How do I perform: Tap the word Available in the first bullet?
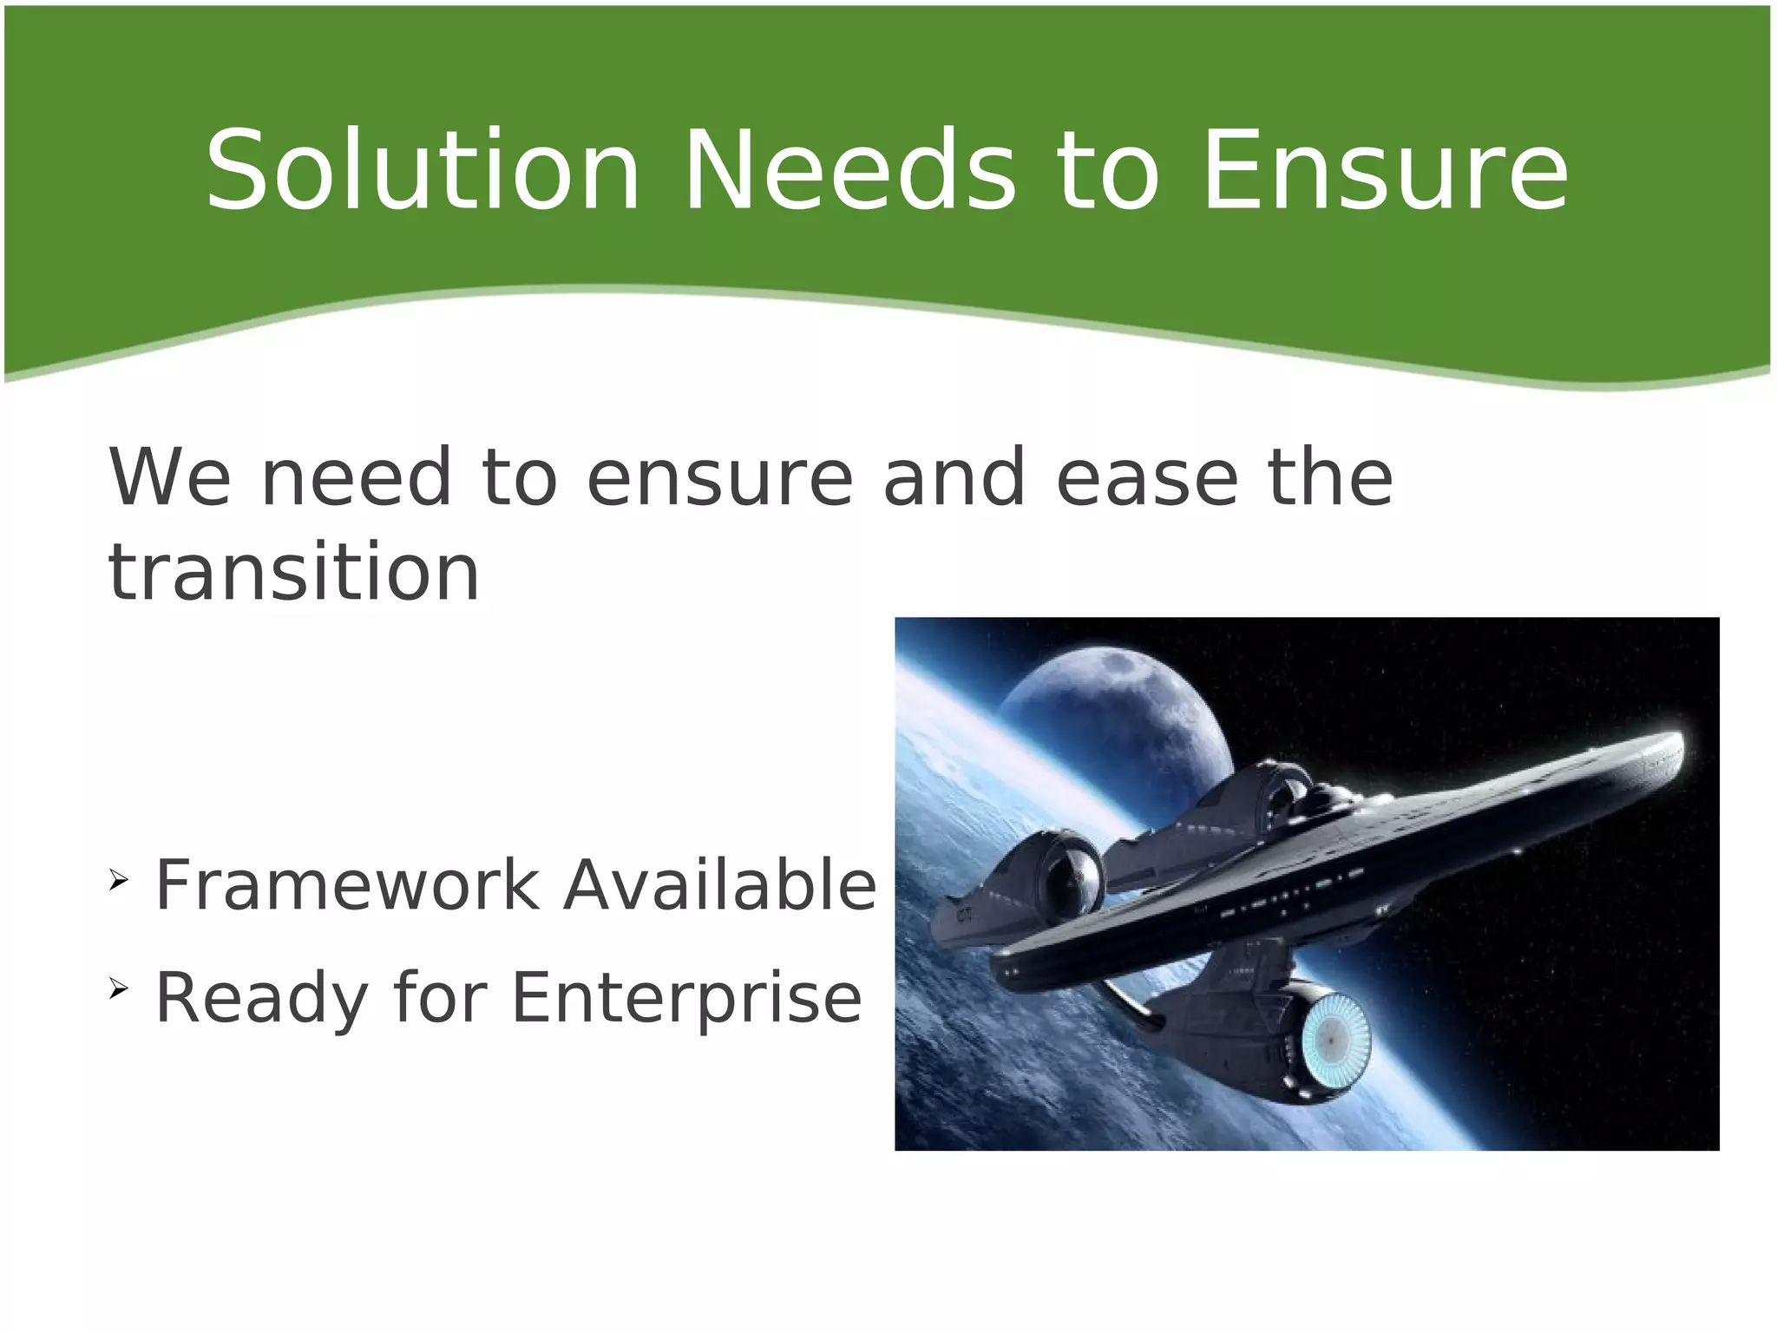tap(719, 885)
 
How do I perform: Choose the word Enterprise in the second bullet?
tap(686, 998)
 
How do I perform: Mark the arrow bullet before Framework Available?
tap(119, 883)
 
